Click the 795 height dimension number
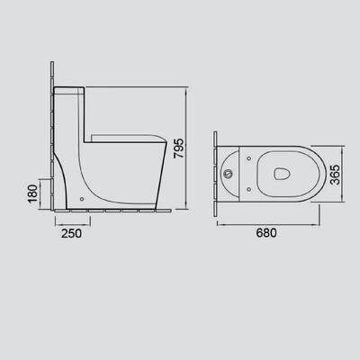[x=178, y=148]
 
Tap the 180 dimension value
[x=32, y=193]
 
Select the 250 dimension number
[x=71, y=233]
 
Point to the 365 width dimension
[x=336, y=175]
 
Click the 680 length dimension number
[x=266, y=233]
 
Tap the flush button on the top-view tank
[x=229, y=174]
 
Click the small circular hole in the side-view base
[x=82, y=199]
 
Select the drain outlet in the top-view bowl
[x=282, y=174]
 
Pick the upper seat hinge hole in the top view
[x=248, y=158]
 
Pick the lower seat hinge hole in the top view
[x=248, y=189]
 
